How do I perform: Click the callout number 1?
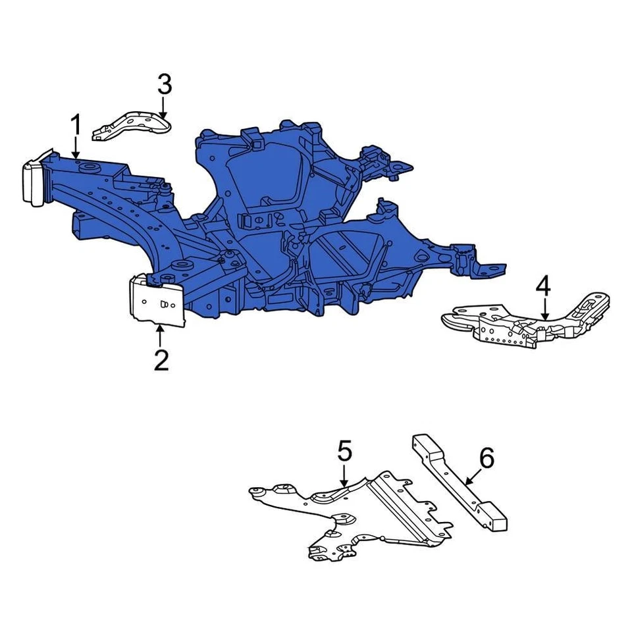[76, 124]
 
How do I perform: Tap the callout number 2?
[161, 360]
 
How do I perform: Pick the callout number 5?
[345, 452]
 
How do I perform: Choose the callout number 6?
[485, 459]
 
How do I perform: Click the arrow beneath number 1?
[76, 146]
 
